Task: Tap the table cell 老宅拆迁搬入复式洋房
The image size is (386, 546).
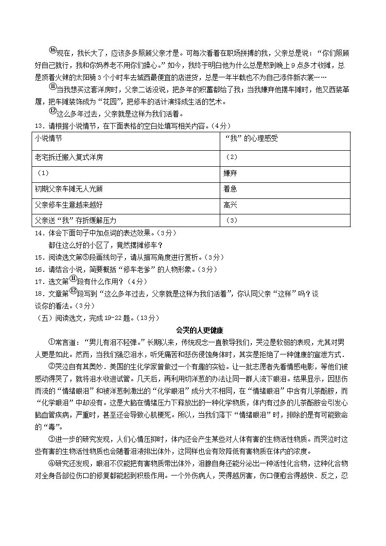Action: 69,158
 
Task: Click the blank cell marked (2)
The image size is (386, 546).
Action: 231,158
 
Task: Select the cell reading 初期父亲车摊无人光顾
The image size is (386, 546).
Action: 69,189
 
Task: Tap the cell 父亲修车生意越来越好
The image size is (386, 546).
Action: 69,205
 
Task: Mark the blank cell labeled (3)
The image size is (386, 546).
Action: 231,220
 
